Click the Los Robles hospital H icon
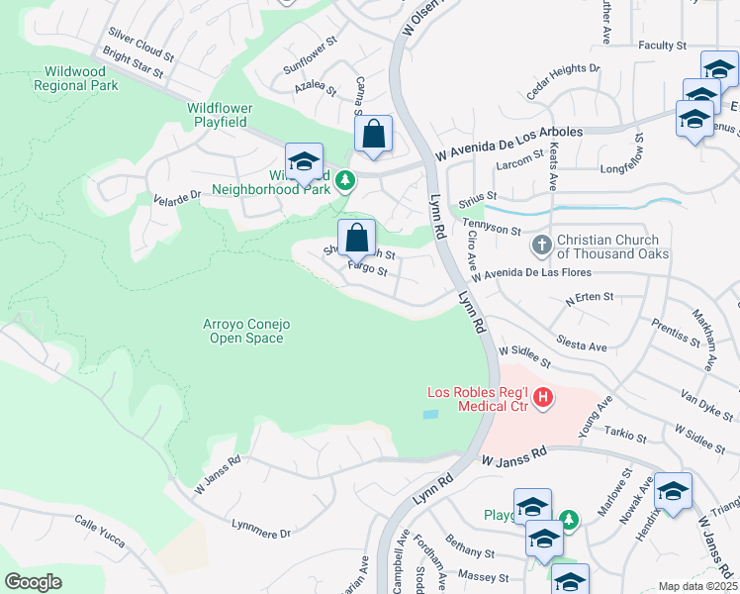[x=542, y=398]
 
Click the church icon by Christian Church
[x=541, y=244]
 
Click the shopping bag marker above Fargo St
[x=356, y=238]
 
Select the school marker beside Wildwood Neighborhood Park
[x=304, y=162]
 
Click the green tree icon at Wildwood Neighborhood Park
[x=345, y=180]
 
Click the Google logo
[x=34, y=582]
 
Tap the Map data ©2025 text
[x=697, y=586]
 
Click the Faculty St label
[x=662, y=46]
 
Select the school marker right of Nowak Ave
[x=673, y=491]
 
